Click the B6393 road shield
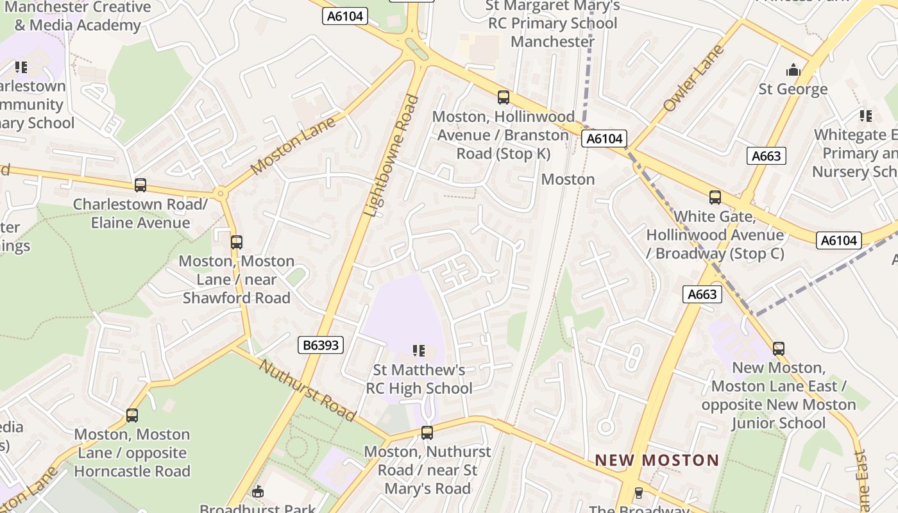point(321,346)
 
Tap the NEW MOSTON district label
point(657,460)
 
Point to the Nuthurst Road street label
point(307,390)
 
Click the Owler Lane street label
point(693,78)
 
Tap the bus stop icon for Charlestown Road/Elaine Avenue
point(140,185)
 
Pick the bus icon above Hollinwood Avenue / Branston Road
point(504,97)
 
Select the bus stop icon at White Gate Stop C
point(715,198)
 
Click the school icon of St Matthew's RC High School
point(419,351)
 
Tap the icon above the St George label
point(793,70)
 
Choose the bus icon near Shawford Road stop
point(237,242)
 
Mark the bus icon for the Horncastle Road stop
point(132,415)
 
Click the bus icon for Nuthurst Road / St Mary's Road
point(427,432)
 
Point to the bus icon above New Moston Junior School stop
point(779,348)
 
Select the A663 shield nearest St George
point(766,156)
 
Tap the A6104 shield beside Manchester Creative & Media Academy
point(345,16)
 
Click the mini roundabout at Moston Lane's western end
point(221,192)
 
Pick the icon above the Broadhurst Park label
point(258,492)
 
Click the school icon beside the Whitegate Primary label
point(866,116)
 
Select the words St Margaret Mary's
point(552,6)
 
